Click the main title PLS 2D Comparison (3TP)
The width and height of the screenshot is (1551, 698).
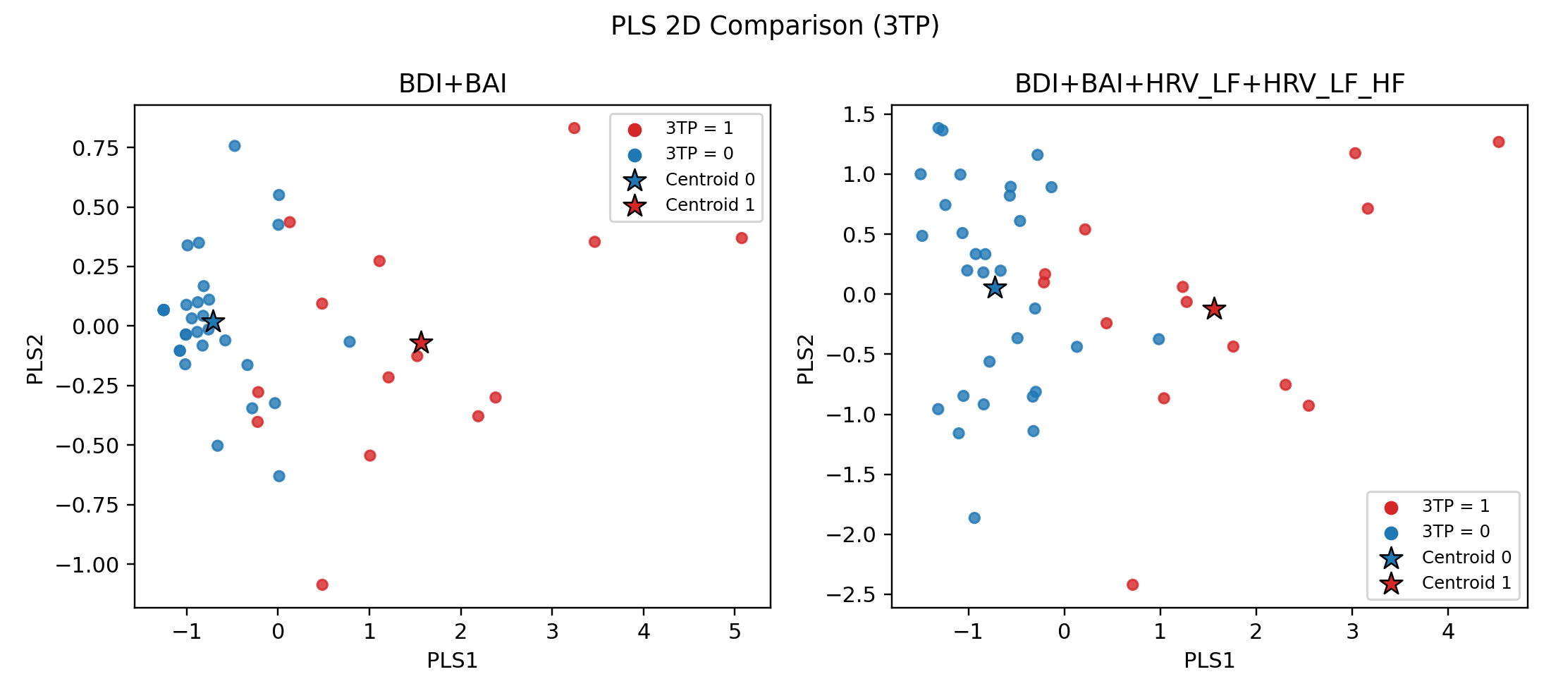pyautogui.click(x=775, y=26)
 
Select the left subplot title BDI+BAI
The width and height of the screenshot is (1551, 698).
pyautogui.click(x=453, y=84)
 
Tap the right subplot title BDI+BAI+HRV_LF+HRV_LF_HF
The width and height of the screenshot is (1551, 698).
pyautogui.click(x=1209, y=84)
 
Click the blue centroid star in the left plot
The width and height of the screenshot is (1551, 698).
pyautogui.click(x=213, y=322)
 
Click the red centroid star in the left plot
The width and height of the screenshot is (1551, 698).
pyautogui.click(x=421, y=343)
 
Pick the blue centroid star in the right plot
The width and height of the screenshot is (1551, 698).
pyautogui.click(x=995, y=288)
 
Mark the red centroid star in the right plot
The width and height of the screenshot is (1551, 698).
pyautogui.click(x=1214, y=309)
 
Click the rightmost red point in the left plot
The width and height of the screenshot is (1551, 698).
pyautogui.click(x=742, y=238)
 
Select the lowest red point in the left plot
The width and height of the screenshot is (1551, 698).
pyautogui.click(x=322, y=584)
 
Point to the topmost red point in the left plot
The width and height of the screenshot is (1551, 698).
pyautogui.click(x=574, y=128)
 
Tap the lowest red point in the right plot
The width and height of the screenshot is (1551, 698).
pyautogui.click(x=1133, y=584)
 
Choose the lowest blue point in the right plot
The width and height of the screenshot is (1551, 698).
pyautogui.click(x=974, y=518)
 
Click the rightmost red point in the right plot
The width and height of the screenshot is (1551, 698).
pyautogui.click(x=1499, y=142)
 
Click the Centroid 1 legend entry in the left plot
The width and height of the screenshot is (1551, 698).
pyautogui.click(x=709, y=205)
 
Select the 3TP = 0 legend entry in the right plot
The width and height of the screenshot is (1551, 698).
pyautogui.click(x=1455, y=532)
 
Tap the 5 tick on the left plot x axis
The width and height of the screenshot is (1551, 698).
pyautogui.click(x=735, y=632)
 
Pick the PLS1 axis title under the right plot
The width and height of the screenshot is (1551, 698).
pyautogui.click(x=1209, y=661)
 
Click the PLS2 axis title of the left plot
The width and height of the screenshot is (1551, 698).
pyautogui.click(x=36, y=359)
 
